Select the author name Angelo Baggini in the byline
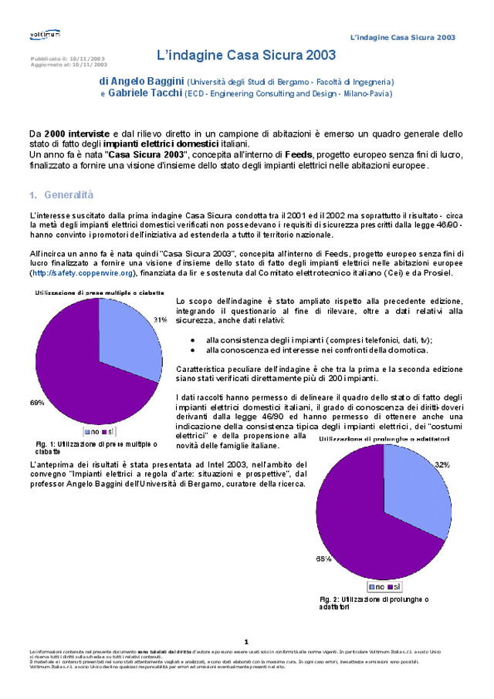(141, 80)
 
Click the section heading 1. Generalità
(61, 194)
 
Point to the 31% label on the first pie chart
(160, 319)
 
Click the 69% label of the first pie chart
(37, 403)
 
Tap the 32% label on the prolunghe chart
(442, 465)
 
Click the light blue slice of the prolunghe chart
(418, 486)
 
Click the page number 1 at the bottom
(246, 641)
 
